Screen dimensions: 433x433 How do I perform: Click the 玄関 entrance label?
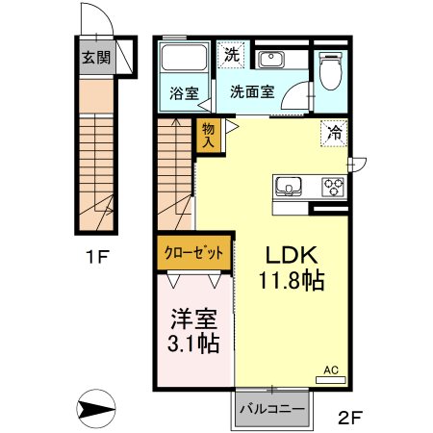94,57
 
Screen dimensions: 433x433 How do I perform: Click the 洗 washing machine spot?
231,54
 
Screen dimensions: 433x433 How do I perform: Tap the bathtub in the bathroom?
183,60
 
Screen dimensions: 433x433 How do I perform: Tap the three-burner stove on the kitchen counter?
333,186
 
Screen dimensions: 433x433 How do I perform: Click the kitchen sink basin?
290,186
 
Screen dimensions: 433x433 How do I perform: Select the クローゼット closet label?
193,253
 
